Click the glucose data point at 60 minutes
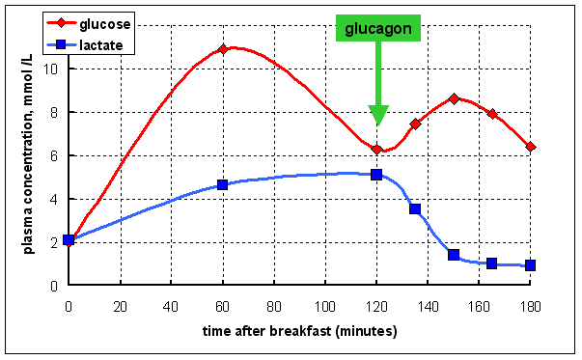222,49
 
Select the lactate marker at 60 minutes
222,184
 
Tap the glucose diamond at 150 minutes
454,98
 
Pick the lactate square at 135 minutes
415,208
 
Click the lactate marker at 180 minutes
530,265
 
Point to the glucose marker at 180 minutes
530,147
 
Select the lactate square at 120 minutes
376,175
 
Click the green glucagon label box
379,29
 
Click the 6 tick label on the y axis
59,155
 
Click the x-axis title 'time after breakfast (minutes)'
299,331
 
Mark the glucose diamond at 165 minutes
492,114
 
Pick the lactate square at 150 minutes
454,255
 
